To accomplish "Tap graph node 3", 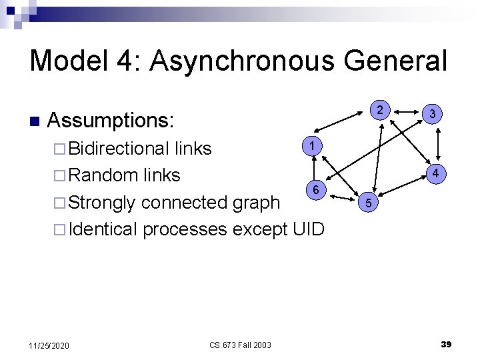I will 433,114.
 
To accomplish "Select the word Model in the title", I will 69,61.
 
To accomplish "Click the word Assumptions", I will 111,121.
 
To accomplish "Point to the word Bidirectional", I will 118,148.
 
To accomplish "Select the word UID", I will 308,229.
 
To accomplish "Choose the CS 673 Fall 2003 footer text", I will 240,345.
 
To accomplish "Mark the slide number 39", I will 446,344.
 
